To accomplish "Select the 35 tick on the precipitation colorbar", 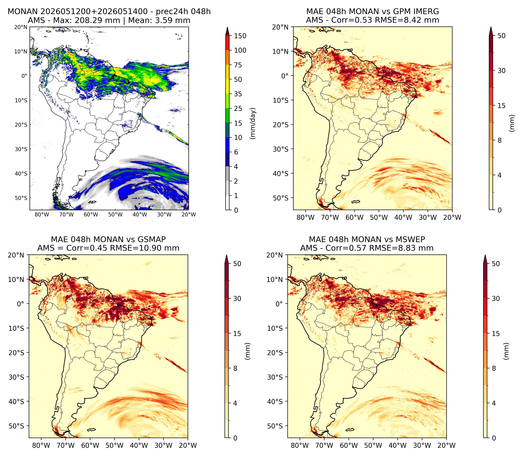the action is tap(238, 94).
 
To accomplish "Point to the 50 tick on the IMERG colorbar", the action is tap(501, 36).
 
